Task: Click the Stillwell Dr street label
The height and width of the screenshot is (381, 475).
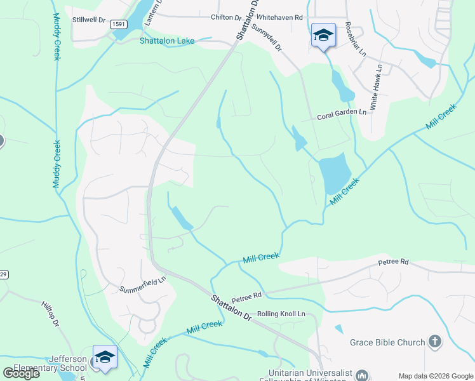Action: (88, 20)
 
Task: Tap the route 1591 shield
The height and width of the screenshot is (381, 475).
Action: (117, 24)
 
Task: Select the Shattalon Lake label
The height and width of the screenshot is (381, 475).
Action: (167, 41)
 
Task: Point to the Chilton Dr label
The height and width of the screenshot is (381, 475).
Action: (227, 18)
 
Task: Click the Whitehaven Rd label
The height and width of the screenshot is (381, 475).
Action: (281, 18)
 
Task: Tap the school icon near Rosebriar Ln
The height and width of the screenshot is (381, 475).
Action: (323, 34)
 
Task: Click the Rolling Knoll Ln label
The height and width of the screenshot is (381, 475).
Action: (281, 314)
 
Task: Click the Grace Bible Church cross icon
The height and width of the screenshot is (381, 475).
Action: (434, 342)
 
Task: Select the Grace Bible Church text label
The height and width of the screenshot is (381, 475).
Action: (387, 343)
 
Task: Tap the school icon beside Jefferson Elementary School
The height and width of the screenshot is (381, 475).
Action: (105, 356)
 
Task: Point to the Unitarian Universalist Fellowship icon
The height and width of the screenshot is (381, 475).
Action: (362, 375)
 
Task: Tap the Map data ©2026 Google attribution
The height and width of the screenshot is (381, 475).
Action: (436, 376)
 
